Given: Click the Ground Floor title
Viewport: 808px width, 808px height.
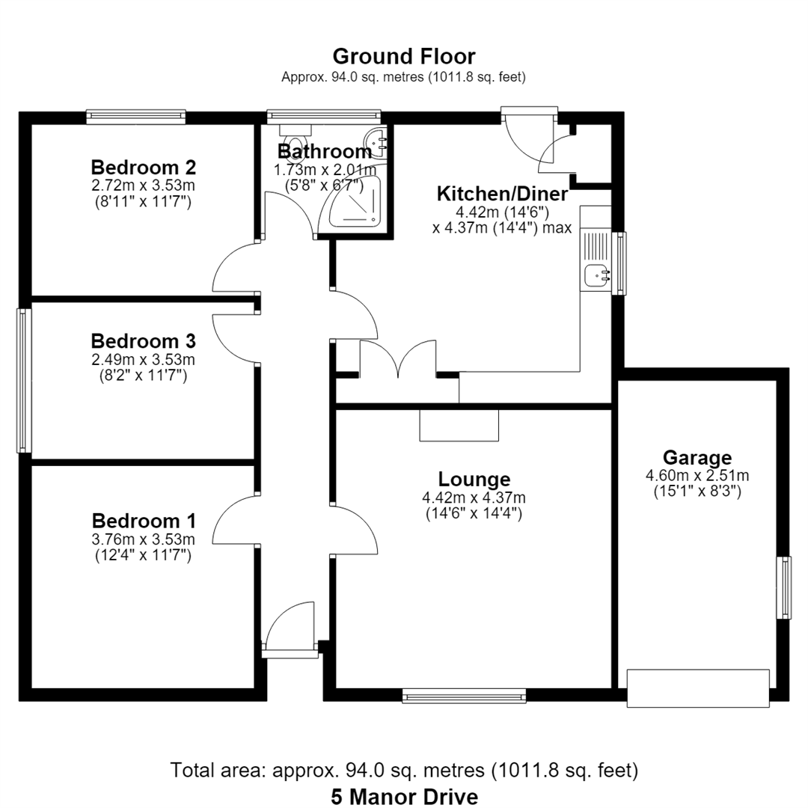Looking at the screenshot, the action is pos(403,56).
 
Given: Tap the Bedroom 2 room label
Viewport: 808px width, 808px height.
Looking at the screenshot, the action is pos(143,168).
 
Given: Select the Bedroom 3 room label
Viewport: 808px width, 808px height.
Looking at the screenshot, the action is pos(143,341).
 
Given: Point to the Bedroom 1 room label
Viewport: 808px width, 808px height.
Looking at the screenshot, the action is pos(144,521).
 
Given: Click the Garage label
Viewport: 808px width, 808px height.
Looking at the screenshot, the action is pos(697,458).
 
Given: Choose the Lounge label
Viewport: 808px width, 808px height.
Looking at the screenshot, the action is pos(474,480).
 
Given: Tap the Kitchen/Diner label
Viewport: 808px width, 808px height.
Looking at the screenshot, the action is pos(503,194).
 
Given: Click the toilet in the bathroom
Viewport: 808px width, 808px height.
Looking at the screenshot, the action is pos(296,138).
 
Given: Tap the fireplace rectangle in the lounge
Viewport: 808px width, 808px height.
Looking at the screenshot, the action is pos(459,426).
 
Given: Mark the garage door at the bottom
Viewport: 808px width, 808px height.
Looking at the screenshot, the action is pos(698,688).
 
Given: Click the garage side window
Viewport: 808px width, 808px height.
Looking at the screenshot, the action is pos(784,587).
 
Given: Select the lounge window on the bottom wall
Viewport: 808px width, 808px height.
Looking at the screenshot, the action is pos(464,697).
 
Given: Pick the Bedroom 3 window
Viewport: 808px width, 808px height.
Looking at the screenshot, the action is pos(24,381).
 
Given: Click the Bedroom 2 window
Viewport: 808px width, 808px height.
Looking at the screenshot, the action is pos(135,117).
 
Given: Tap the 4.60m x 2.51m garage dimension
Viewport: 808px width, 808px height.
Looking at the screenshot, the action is pos(697,476).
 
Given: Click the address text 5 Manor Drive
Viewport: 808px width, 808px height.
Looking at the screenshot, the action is pos(404,797).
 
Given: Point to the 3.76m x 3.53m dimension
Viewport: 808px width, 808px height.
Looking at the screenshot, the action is pos(143,539).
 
